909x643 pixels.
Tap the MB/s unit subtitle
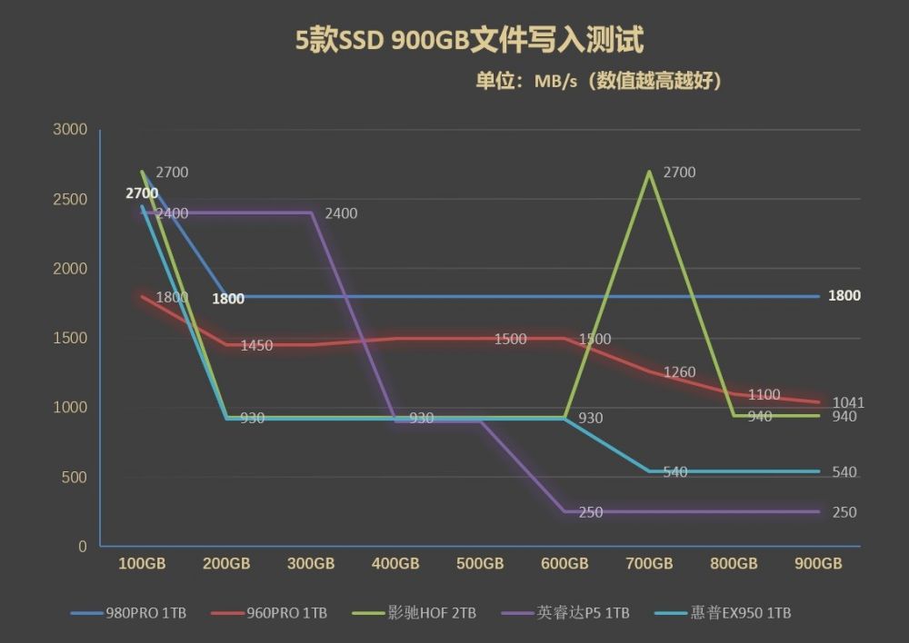[x=598, y=81]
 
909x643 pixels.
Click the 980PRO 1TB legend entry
[x=128, y=613]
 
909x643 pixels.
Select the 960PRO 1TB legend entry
[x=269, y=613]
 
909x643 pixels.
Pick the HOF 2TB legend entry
[x=414, y=613]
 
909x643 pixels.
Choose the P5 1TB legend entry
[x=565, y=613]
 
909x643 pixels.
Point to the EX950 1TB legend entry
[x=723, y=613]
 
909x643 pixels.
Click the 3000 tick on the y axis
[x=70, y=129]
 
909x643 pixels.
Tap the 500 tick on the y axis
[x=75, y=478]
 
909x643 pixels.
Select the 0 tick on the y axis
[x=83, y=546]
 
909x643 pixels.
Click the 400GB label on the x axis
[x=395, y=564]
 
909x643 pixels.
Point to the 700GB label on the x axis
[x=649, y=564]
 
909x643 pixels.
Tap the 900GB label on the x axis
[x=818, y=564]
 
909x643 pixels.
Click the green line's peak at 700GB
[x=649, y=172]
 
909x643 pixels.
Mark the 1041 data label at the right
[x=848, y=402]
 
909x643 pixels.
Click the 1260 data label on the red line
[x=679, y=371]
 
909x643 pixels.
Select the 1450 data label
[x=256, y=345]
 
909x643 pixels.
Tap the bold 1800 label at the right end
[x=844, y=296]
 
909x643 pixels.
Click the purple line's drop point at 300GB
[x=312, y=213]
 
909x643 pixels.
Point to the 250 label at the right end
[x=844, y=512]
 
